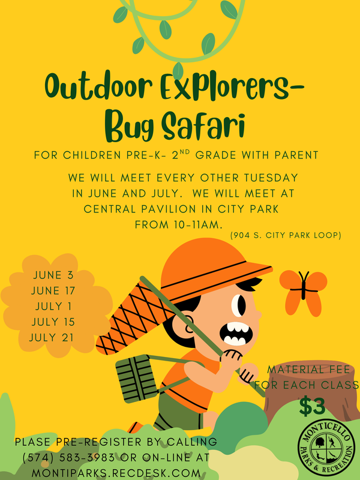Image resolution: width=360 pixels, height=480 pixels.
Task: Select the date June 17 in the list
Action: (52, 290)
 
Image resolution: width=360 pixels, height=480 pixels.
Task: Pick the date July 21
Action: (52, 337)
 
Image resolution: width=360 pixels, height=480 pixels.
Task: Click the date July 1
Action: (52, 306)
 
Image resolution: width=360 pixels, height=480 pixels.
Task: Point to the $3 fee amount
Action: (313, 407)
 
